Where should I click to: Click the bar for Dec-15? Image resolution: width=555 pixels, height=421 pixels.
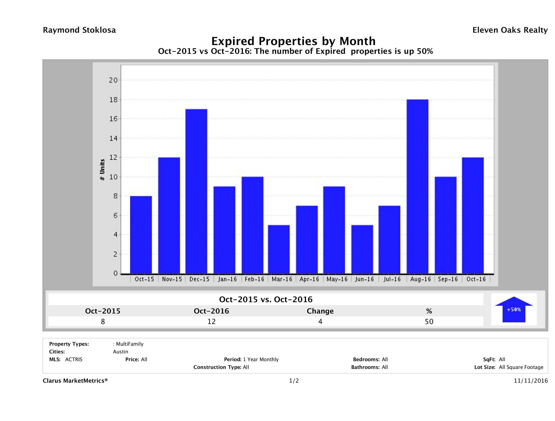pyautogui.click(x=196, y=191)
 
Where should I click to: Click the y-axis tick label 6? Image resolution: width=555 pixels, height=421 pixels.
pyautogui.click(x=115, y=215)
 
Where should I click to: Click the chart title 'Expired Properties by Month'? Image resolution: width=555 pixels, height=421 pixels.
pyautogui.click(x=293, y=41)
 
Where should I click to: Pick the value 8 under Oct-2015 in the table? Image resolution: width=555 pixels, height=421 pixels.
pyautogui.click(x=103, y=321)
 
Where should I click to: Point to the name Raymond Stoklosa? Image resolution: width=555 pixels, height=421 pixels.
pyautogui.click(x=79, y=30)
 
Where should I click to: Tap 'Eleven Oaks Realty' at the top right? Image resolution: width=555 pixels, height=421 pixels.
pyautogui.click(x=510, y=30)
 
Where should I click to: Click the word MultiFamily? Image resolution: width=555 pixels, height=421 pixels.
pyautogui.click(x=130, y=344)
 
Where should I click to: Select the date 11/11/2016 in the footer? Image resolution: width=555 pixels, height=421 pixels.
pyautogui.click(x=531, y=381)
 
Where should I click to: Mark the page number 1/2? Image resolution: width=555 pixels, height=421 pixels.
pyautogui.click(x=294, y=381)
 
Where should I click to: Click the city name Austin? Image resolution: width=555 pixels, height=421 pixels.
pyautogui.click(x=120, y=352)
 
